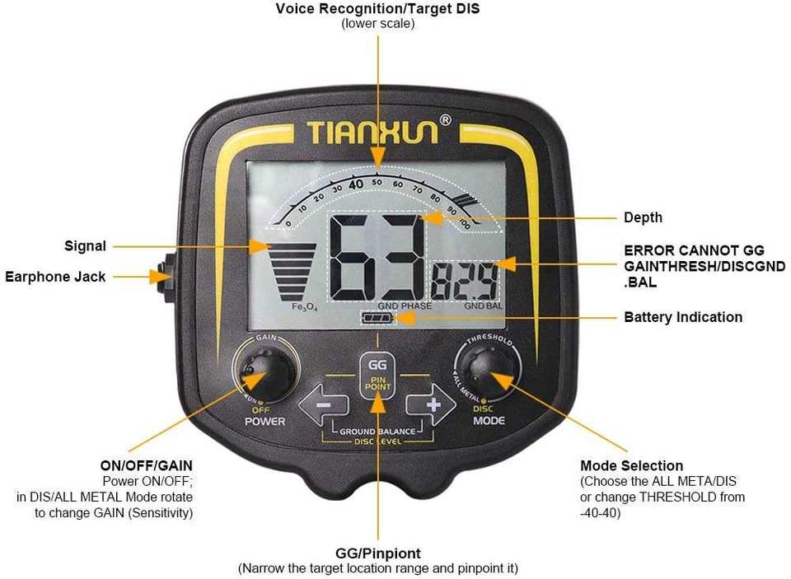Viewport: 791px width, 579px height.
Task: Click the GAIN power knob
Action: [265, 372]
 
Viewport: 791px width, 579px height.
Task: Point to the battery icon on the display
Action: [378, 317]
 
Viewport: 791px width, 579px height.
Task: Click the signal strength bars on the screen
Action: [288, 270]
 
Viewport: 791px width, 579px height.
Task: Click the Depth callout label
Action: [643, 217]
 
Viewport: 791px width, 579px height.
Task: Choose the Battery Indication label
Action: [682, 317]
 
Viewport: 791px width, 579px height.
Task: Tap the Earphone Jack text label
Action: [55, 277]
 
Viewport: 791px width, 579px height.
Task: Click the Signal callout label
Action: [86, 245]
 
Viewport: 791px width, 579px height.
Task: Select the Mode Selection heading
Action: [631, 465]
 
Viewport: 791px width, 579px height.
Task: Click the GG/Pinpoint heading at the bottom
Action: [378, 553]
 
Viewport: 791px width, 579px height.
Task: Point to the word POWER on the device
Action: [265, 421]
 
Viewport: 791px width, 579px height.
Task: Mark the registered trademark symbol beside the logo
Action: [446, 119]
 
